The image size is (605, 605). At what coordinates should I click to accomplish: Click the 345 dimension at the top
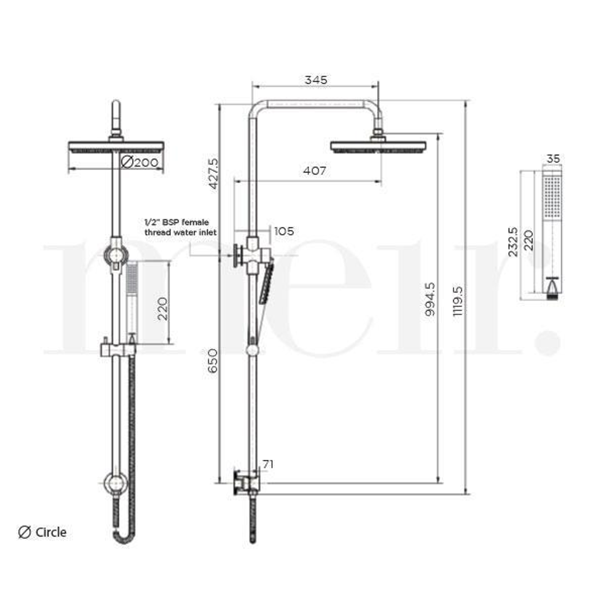point(316,80)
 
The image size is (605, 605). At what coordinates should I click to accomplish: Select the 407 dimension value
point(314,170)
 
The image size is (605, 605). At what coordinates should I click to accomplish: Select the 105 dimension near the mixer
point(283,231)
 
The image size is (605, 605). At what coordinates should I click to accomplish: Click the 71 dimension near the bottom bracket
point(268,464)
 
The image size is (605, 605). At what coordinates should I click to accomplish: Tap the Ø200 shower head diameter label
point(141,162)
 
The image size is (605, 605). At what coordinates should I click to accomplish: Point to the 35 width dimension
point(553,159)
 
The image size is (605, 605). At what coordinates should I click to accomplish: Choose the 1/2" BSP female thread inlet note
point(180,227)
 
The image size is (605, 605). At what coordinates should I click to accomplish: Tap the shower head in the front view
point(116,147)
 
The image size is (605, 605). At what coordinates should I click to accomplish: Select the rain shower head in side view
point(378,146)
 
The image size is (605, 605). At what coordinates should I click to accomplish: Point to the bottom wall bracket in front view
point(115,483)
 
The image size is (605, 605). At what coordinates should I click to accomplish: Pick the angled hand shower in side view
point(266,283)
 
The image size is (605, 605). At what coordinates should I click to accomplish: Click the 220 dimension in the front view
point(162,308)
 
